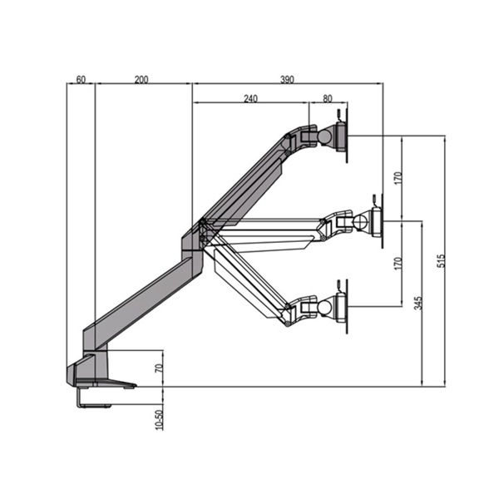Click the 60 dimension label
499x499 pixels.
click(x=81, y=79)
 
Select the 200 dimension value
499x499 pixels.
click(x=141, y=79)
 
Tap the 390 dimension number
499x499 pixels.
click(x=287, y=79)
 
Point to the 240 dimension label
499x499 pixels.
click(x=250, y=98)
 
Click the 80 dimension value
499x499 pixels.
click(x=327, y=98)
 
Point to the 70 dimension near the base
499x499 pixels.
click(x=159, y=368)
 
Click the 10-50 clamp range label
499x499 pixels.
click(x=159, y=418)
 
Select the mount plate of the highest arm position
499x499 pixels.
click(x=341, y=136)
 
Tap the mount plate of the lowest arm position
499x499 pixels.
click(x=341, y=307)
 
